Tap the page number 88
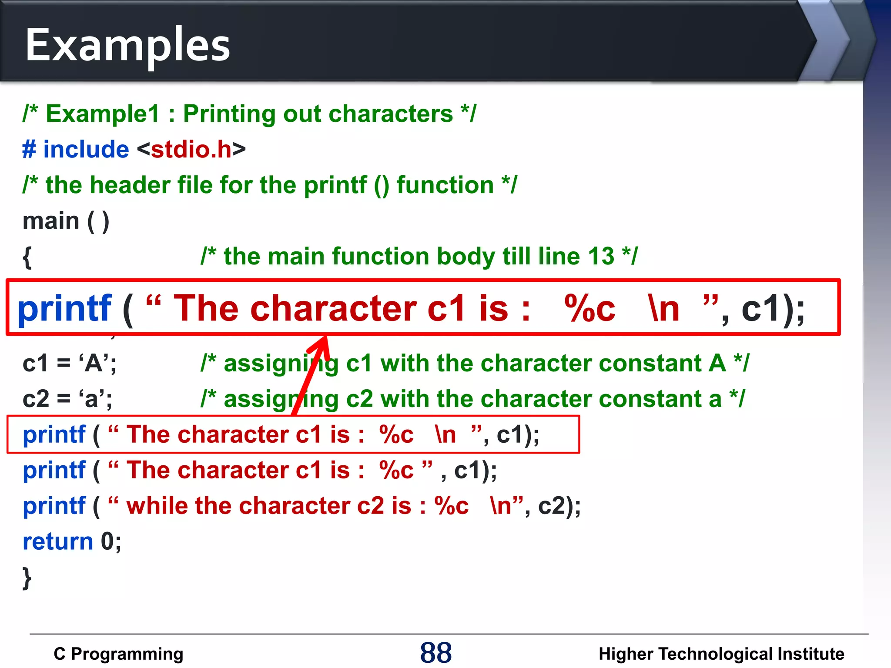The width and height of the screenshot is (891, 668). [435, 653]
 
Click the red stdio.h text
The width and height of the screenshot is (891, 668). [191, 150]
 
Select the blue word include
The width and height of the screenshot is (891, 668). [86, 150]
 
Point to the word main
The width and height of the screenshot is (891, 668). [51, 221]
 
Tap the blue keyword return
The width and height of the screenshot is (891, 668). [58, 541]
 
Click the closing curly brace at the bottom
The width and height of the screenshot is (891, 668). [27, 578]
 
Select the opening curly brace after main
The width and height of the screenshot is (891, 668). [27, 257]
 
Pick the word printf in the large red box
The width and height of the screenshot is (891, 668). [64, 308]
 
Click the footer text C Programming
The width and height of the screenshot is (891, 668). [118, 654]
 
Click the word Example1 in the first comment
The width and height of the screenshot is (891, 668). [103, 114]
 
